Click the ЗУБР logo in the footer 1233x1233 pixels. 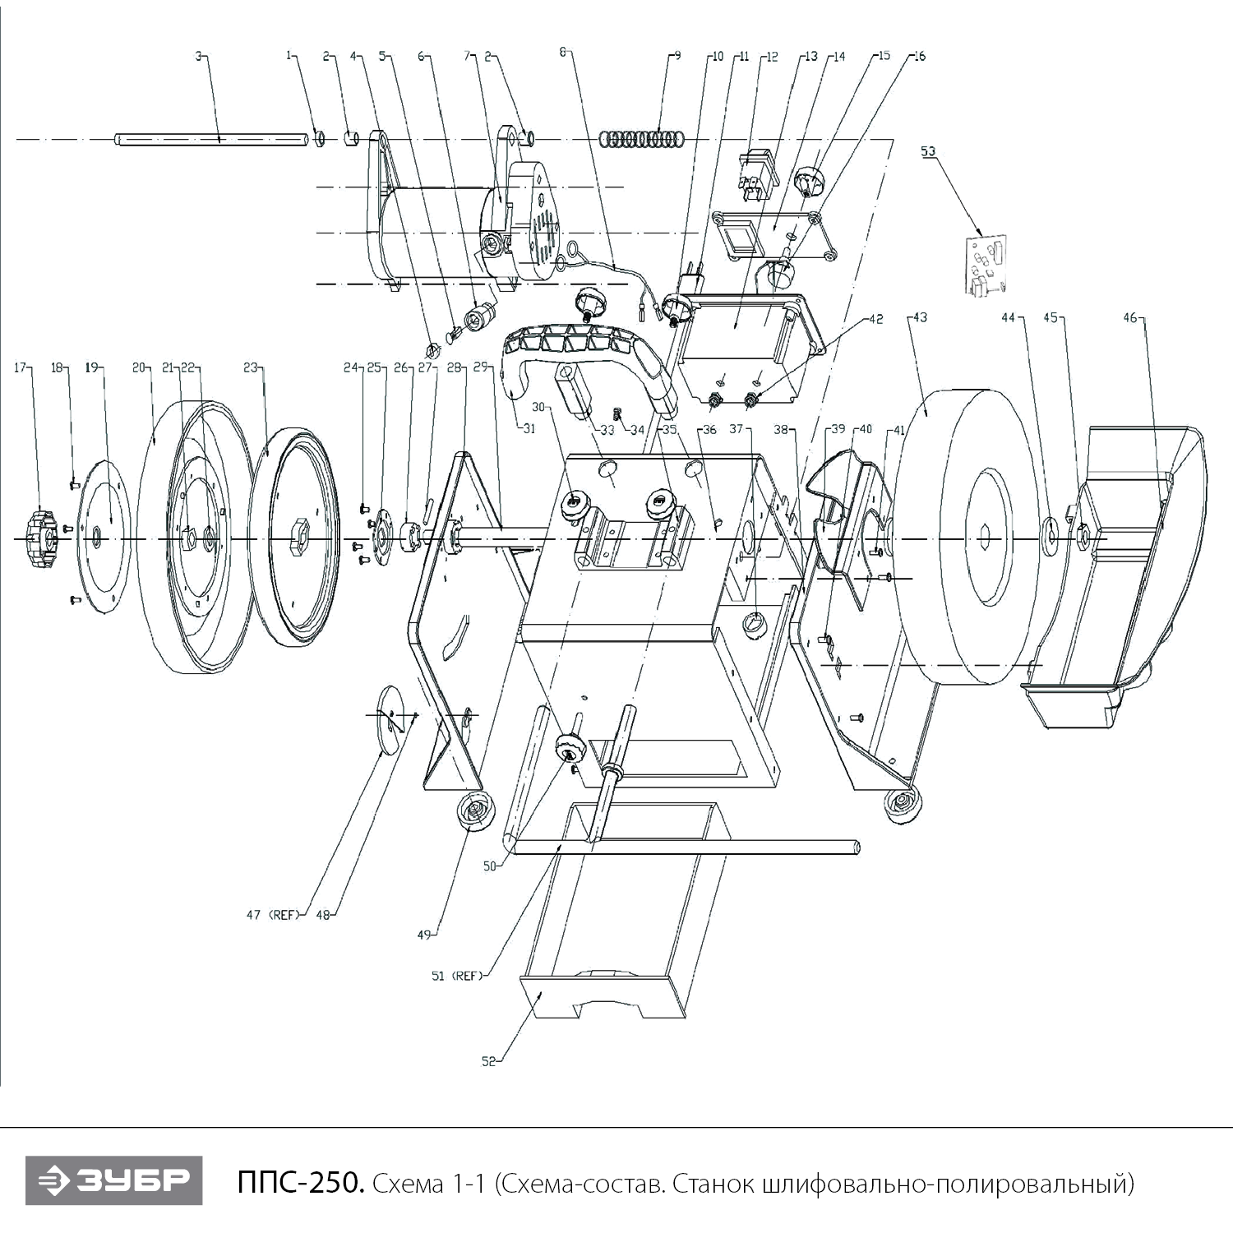tap(113, 1182)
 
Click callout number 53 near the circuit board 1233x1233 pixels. tap(928, 152)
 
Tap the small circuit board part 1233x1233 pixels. tap(986, 266)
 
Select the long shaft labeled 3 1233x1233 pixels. tap(214, 139)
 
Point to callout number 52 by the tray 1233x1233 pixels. tap(489, 1061)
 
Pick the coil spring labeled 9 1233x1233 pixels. tap(641, 139)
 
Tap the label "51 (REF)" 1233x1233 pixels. tap(455, 976)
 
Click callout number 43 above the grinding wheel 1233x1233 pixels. tap(920, 318)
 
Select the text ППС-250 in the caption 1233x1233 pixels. tap(298, 1184)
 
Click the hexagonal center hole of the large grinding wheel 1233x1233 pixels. tap(986, 538)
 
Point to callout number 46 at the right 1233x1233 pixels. tap(1130, 318)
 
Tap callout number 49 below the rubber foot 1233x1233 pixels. tap(424, 935)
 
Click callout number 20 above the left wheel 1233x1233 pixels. tap(139, 367)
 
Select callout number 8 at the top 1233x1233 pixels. tap(563, 52)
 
